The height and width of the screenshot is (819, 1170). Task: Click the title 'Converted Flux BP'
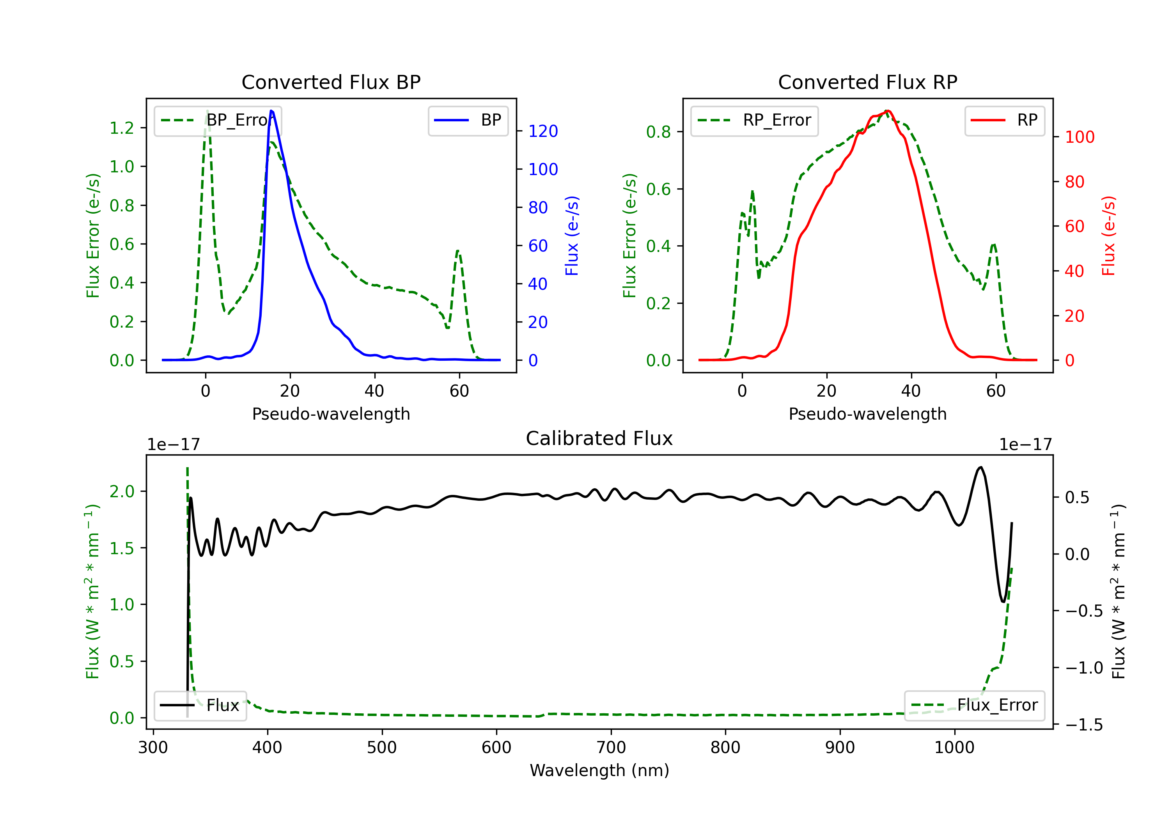(x=331, y=82)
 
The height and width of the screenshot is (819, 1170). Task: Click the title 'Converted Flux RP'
(x=867, y=82)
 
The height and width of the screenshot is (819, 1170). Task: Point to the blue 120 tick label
(x=543, y=131)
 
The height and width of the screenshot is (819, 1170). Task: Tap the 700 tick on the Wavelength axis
(x=611, y=748)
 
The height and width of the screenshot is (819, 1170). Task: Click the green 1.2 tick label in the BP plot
(x=122, y=128)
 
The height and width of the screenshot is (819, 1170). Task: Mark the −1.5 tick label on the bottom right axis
(x=1084, y=725)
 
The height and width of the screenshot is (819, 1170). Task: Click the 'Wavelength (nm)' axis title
(x=599, y=770)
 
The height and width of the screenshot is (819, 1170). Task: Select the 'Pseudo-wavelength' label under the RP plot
(x=867, y=414)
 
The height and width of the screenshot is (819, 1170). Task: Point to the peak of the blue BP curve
(x=271, y=111)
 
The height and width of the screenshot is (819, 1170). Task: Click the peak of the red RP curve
(x=887, y=111)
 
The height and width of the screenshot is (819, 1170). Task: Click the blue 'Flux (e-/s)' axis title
(x=572, y=236)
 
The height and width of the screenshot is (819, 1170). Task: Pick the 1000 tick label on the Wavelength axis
(x=954, y=748)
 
